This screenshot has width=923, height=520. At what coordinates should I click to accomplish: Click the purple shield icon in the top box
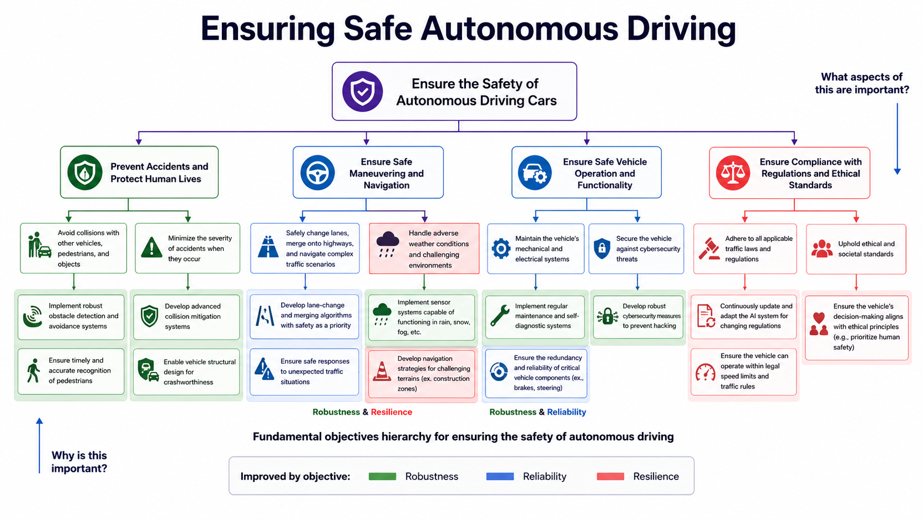point(362,92)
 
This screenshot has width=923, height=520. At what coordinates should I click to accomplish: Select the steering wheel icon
point(317,173)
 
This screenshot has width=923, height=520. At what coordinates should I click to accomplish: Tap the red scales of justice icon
point(733,173)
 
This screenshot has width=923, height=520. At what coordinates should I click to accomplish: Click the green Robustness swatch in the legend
point(383,477)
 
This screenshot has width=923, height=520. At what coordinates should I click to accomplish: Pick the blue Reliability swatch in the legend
point(500,477)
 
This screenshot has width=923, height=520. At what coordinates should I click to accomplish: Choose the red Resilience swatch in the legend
point(610,477)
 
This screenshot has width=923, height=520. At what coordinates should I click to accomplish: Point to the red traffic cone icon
point(381,371)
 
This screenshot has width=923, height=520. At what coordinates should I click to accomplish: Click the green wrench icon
point(500,316)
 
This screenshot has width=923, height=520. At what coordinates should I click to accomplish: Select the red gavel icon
point(709,249)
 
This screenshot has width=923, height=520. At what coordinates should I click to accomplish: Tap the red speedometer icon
point(705,372)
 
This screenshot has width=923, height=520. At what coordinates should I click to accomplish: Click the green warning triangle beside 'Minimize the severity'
point(152,248)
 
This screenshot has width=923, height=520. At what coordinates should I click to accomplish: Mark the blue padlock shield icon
point(602,248)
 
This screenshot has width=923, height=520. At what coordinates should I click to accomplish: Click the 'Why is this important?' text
point(79,462)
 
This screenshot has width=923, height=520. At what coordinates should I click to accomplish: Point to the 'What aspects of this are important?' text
point(862,83)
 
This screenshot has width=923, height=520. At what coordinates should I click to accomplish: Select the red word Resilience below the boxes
point(391,412)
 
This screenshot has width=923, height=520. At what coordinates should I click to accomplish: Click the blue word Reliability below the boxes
point(566,412)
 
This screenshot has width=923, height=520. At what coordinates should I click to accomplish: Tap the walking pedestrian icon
point(33,371)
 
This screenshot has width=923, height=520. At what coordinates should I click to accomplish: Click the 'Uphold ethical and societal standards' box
point(856,249)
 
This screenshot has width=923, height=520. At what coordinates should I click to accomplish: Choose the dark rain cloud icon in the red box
point(388,244)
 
